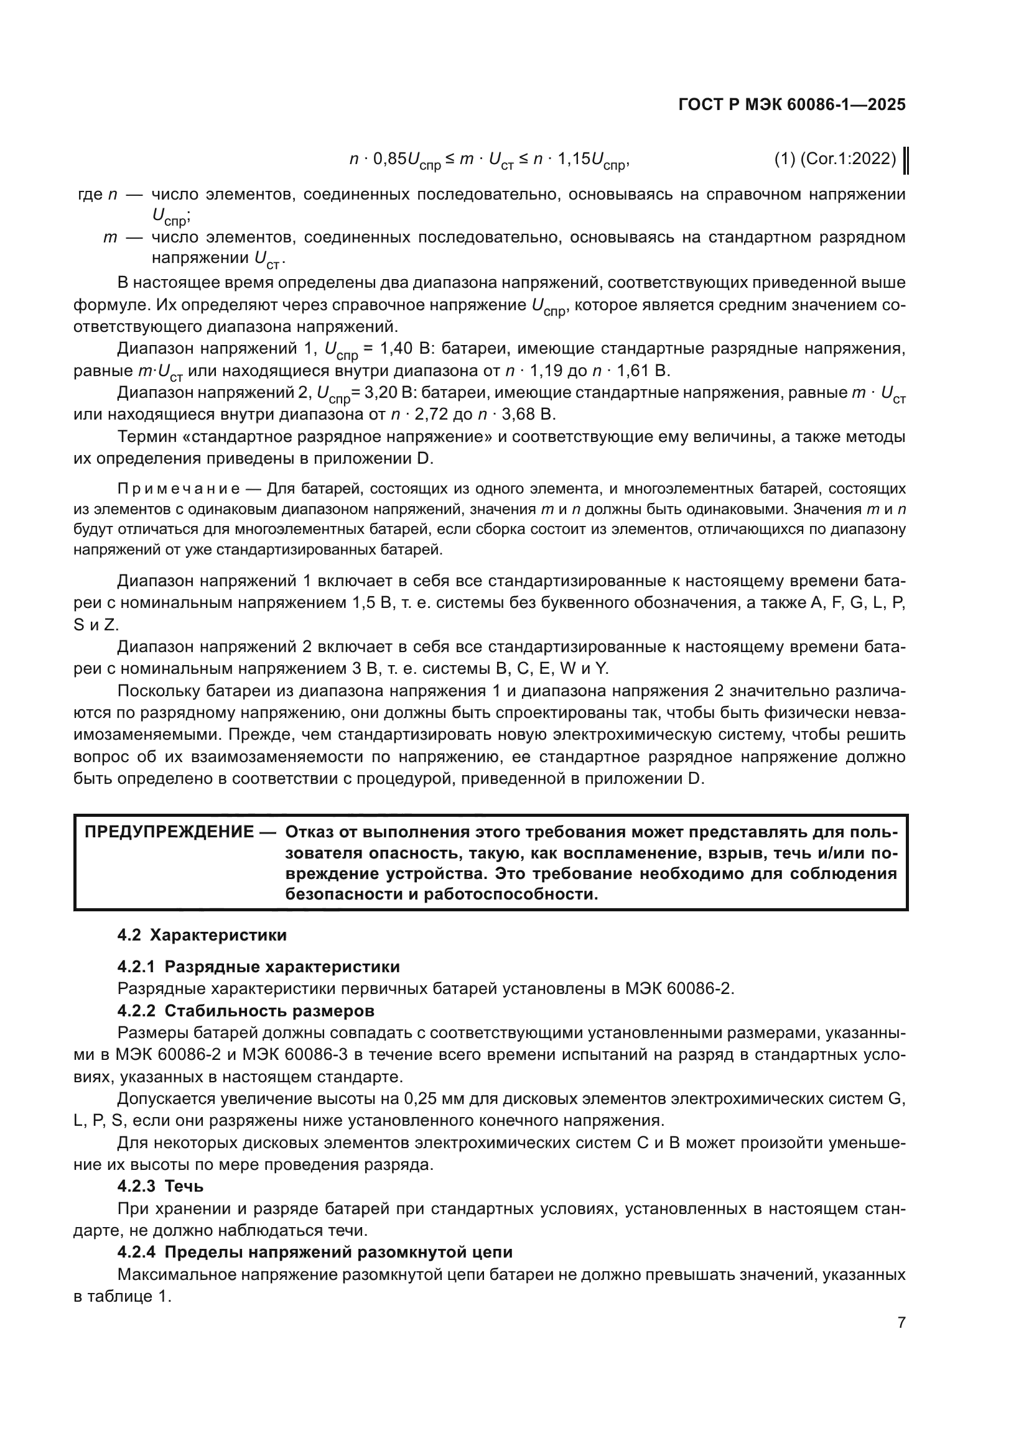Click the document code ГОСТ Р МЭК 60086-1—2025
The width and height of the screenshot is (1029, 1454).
pos(791,105)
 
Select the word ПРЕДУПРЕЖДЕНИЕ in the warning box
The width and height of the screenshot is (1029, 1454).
pos(169,832)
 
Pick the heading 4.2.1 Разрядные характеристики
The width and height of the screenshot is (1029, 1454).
pos(259,967)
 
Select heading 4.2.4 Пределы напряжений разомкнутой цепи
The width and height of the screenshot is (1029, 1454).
pos(315,1252)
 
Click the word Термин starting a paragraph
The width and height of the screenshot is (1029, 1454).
pos(144,437)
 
